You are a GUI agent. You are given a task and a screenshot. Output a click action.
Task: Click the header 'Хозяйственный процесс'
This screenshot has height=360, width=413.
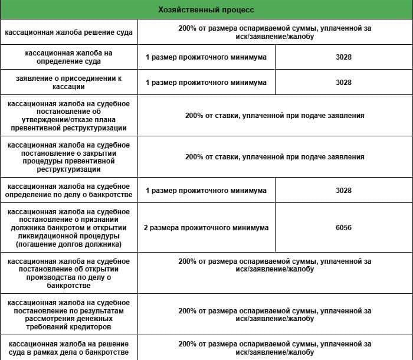[206, 10]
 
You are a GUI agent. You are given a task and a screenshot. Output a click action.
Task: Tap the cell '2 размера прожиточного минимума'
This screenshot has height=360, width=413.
[206, 228]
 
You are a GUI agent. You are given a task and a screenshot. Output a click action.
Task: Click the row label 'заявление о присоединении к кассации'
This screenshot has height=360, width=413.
[69, 83]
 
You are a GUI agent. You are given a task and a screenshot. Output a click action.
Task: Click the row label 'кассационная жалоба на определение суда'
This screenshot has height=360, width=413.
[69, 58]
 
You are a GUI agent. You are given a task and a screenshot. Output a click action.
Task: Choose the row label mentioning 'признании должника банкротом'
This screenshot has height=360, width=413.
[69, 228]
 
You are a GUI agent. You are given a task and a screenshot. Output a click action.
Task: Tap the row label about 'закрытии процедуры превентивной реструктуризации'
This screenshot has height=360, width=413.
[69, 157]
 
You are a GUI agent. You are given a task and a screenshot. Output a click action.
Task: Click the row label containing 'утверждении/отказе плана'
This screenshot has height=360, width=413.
[69, 116]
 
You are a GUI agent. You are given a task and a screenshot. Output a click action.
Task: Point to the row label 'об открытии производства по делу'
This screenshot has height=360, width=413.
[69, 273]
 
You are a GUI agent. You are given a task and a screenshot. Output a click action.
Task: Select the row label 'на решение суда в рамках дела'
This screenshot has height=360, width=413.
[69, 348]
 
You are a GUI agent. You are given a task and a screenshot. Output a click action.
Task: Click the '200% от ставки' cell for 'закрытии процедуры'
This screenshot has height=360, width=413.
[274, 157]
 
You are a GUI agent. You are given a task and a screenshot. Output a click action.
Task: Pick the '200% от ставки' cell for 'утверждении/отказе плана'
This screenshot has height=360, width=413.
[274, 116]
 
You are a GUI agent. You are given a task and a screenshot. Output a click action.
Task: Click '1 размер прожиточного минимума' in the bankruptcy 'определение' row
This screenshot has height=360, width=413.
[206, 191]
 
